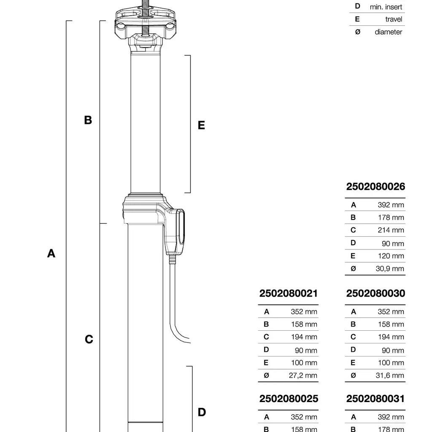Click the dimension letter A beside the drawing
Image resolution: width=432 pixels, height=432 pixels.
pos(51,254)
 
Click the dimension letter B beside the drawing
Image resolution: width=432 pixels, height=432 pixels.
pos(88,120)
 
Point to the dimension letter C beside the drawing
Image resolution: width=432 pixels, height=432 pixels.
pos(89,340)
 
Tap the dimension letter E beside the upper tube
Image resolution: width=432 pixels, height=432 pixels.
pos(201,125)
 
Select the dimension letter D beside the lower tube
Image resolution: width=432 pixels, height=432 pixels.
pos(202,413)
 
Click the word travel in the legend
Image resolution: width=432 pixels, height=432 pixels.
pos(394,19)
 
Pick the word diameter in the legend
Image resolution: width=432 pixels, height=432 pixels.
pos(388,32)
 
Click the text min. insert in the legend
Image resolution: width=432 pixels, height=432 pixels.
pos(386,7)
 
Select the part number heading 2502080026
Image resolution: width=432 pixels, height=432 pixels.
pos(375,187)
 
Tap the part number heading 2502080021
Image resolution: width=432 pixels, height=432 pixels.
pos(289,294)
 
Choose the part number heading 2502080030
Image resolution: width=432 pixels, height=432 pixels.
pos(375,294)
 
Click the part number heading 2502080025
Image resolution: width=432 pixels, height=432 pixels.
pos(289,399)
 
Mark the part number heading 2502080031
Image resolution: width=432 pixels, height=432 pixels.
pos(375,399)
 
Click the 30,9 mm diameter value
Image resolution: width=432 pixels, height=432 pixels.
pos(390,269)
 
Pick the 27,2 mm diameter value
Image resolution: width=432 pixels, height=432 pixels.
pos(303,375)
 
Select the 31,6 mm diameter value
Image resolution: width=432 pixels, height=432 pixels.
pos(390,375)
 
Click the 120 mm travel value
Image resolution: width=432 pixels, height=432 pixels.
pos(391,256)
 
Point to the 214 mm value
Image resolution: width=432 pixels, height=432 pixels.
pos(391,230)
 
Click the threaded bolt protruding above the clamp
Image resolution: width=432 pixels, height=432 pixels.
pos(146,5)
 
